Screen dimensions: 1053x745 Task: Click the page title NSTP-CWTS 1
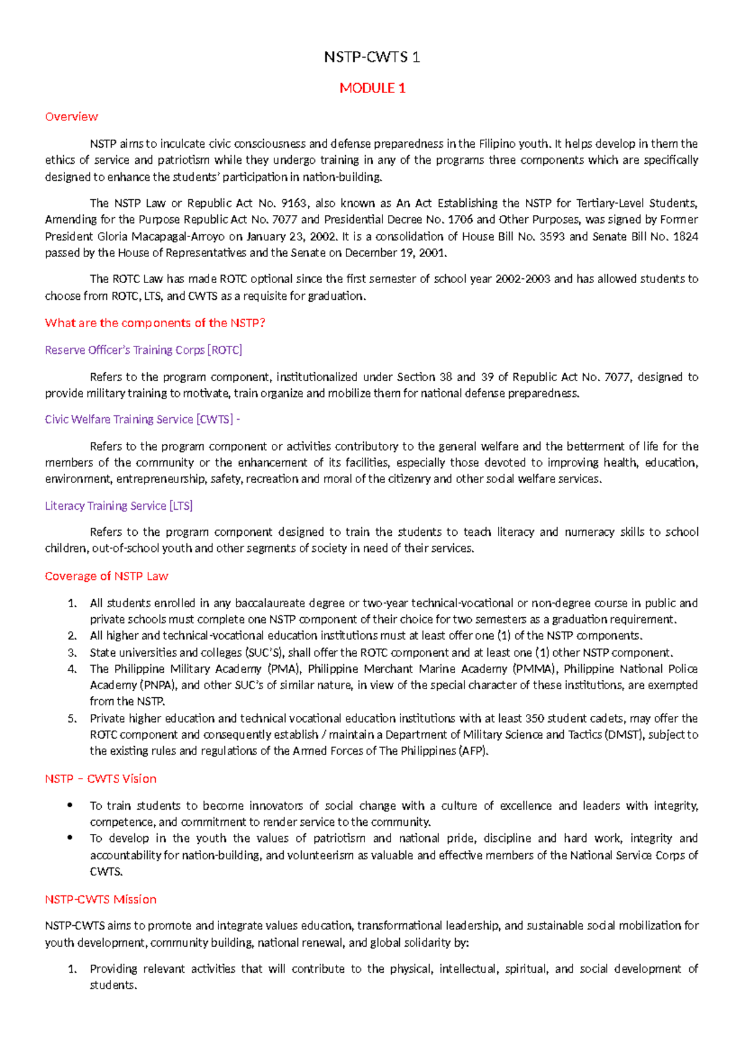pyautogui.click(x=372, y=58)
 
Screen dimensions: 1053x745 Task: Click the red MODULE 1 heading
pyautogui.click(x=372, y=88)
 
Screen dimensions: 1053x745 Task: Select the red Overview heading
pyautogui.click(x=71, y=117)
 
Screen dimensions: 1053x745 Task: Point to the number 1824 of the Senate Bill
pyautogui.click(x=685, y=236)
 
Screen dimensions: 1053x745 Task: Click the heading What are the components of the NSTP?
pyautogui.click(x=155, y=323)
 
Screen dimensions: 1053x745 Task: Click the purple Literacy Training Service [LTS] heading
pyautogui.click(x=119, y=506)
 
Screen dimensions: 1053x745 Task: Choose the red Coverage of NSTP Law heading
pyautogui.click(x=106, y=576)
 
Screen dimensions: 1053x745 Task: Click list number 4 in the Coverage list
pyautogui.click(x=72, y=669)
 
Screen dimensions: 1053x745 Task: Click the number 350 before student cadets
pyautogui.click(x=535, y=718)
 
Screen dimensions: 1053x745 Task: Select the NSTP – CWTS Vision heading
pyautogui.click(x=101, y=779)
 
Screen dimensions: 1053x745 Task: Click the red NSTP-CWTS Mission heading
pyautogui.click(x=101, y=899)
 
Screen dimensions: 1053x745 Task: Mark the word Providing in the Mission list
pyautogui.click(x=114, y=969)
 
